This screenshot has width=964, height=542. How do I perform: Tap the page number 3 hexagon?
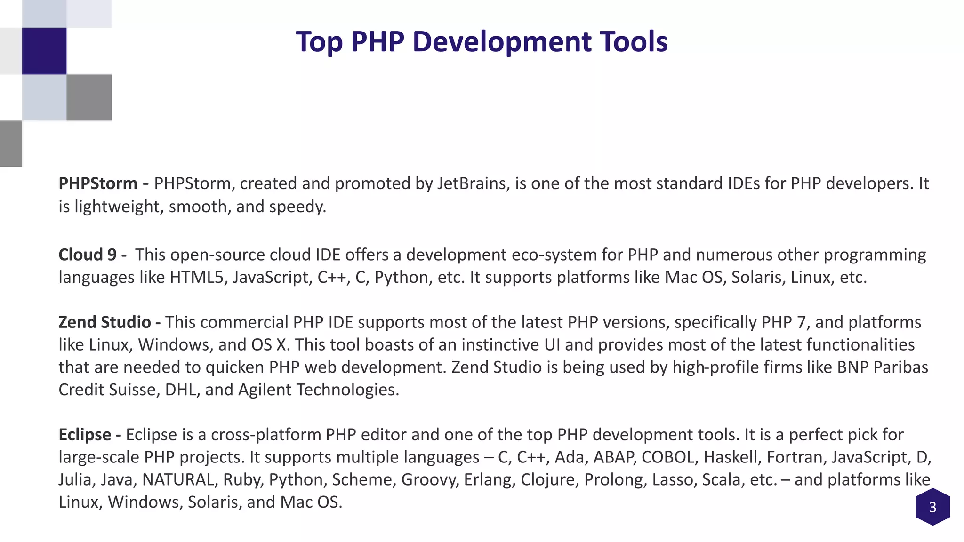(932, 507)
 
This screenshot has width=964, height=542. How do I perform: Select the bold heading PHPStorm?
(98, 183)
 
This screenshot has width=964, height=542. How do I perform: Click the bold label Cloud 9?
(88, 255)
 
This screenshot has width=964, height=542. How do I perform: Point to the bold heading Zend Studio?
(104, 322)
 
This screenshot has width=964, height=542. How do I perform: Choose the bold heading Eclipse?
(85, 434)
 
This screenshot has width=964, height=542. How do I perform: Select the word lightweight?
(117, 207)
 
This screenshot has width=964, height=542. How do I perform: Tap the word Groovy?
(430, 479)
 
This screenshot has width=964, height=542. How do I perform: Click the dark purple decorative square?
(44, 51)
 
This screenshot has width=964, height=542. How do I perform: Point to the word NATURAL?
(178, 479)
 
